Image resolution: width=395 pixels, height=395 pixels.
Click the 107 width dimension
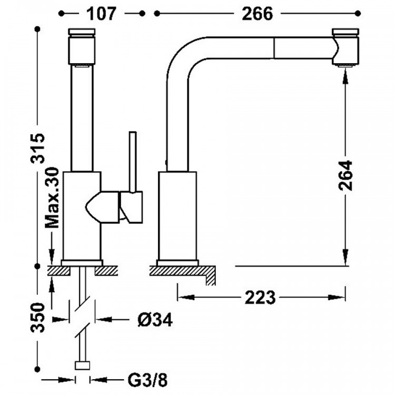pyautogui.click(x=100, y=14)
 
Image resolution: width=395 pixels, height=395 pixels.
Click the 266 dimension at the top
pyautogui.click(x=258, y=14)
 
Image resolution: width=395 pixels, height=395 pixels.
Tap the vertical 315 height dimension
pyautogui.click(x=38, y=150)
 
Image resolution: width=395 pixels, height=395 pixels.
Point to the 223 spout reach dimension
pyautogui.click(x=260, y=298)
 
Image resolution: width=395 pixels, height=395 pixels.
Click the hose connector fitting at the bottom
pyautogui.click(x=83, y=365)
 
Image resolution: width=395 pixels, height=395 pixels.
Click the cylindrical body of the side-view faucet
pyautogui.click(x=177, y=216)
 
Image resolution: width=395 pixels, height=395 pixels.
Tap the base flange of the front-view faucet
pyautogui.click(x=82, y=262)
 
